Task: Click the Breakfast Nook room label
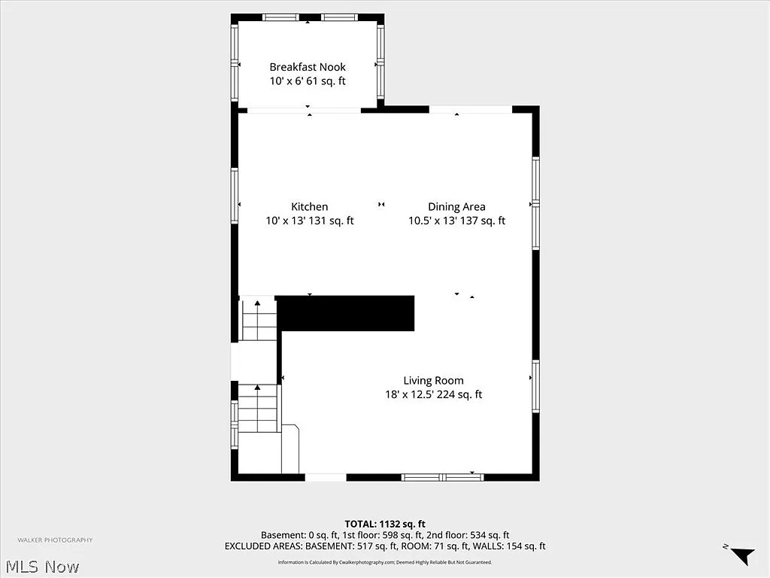(308, 67)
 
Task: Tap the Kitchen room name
(309, 207)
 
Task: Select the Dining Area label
(456, 207)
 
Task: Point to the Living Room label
(433, 381)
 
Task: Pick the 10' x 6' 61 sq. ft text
(308, 81)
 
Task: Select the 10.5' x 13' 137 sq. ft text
(456, 221)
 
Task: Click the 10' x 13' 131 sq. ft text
(309, 221)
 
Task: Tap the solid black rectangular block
(346, 313)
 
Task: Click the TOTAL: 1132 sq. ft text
(385, 524)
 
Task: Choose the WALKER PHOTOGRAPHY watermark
(56, 540)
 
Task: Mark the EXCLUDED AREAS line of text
(385, 546)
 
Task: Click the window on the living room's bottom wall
(442, 476)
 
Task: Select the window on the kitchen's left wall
(235, 196)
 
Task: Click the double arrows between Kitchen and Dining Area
(381, 205)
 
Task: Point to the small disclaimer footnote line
(385, 562)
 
